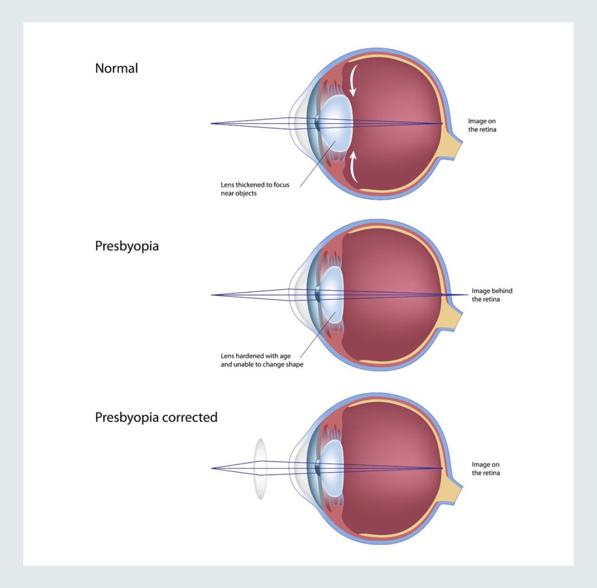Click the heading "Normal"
[116, 68]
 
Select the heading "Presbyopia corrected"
[156, 418]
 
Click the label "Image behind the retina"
[492, 295]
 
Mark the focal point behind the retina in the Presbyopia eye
[466, 295]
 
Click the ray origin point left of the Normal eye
[211, 124]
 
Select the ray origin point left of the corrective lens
[211, 468]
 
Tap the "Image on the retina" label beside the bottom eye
[485, 469]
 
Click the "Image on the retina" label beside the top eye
[482, 125]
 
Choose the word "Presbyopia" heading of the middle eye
[127, 245]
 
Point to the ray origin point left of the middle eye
[211, 295]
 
